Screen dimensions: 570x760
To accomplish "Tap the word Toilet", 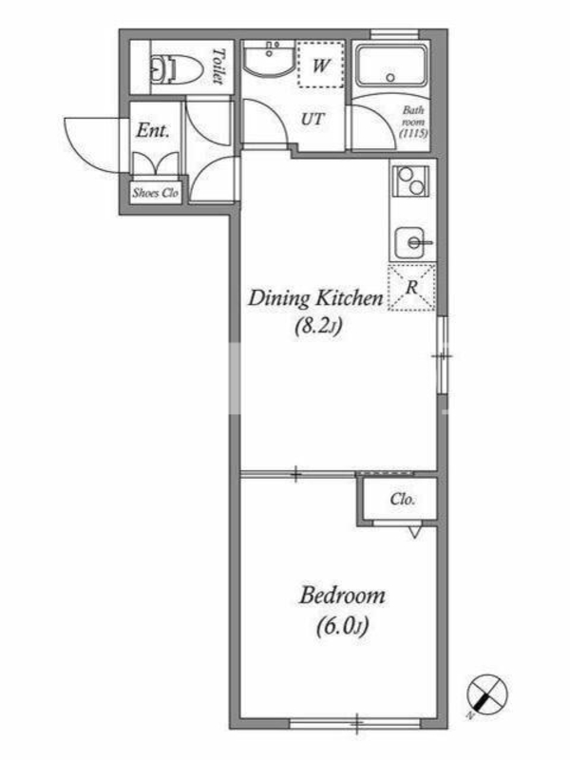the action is pyautogui.click(x=219, y=66).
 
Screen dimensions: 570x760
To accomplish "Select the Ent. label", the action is pyautogui.click(x=153, y=130).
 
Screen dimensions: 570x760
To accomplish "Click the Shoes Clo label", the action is pyautogui.click(x=156, y=193).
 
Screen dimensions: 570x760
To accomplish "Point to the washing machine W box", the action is pyautogui.click(x=320, y=65).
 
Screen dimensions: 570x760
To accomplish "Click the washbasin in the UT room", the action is pyautogui.click(x=269, y=59).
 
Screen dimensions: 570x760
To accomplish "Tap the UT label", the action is pyautogui.click(x=313, y=119).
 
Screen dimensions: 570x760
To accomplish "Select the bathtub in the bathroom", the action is pyautogui.click(x=390, y=68).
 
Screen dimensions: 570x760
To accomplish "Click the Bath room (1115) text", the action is pyautogui.click(x=413, y=123).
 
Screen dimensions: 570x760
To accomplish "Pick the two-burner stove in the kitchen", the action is pyautogui.click(x=410, y=180).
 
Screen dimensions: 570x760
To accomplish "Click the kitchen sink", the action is pyautogui.click(x=412, y=243).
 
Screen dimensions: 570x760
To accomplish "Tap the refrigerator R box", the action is pyautogui.click(x=411, y=288).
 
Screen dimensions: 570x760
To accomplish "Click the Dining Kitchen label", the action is pyautogui.click(x=315, y=298).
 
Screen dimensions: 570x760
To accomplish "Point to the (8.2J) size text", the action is pyautogui.click(x=318, y=326).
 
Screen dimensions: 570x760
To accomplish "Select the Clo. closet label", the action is pyautogui.click(x=402, y=499).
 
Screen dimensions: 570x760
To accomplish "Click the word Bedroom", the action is pyautogui.click(x=342, y=596).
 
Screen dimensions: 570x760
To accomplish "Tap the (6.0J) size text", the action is pyautogui.click(x=343, y=626).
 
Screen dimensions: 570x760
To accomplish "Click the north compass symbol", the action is pyautogui.click(x=487, y=694).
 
